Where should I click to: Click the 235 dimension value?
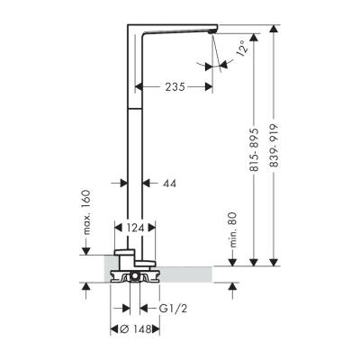(x=175, y=87)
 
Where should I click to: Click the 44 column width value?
(x=168, y=183)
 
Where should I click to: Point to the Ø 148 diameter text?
(x=136, y=328)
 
